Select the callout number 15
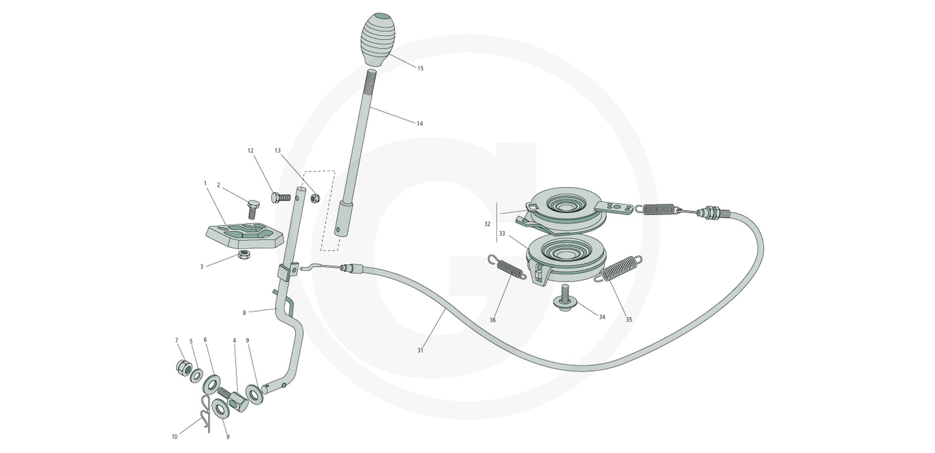[420, 69]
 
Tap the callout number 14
[419, 124]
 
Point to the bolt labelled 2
[253, 209]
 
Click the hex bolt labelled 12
[280, 197]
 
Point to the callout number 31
[420, 350]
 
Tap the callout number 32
[487, 224]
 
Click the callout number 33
[502, 234]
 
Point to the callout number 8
[244, 313]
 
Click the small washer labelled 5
[197, 375]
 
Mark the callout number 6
[205, 340]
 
